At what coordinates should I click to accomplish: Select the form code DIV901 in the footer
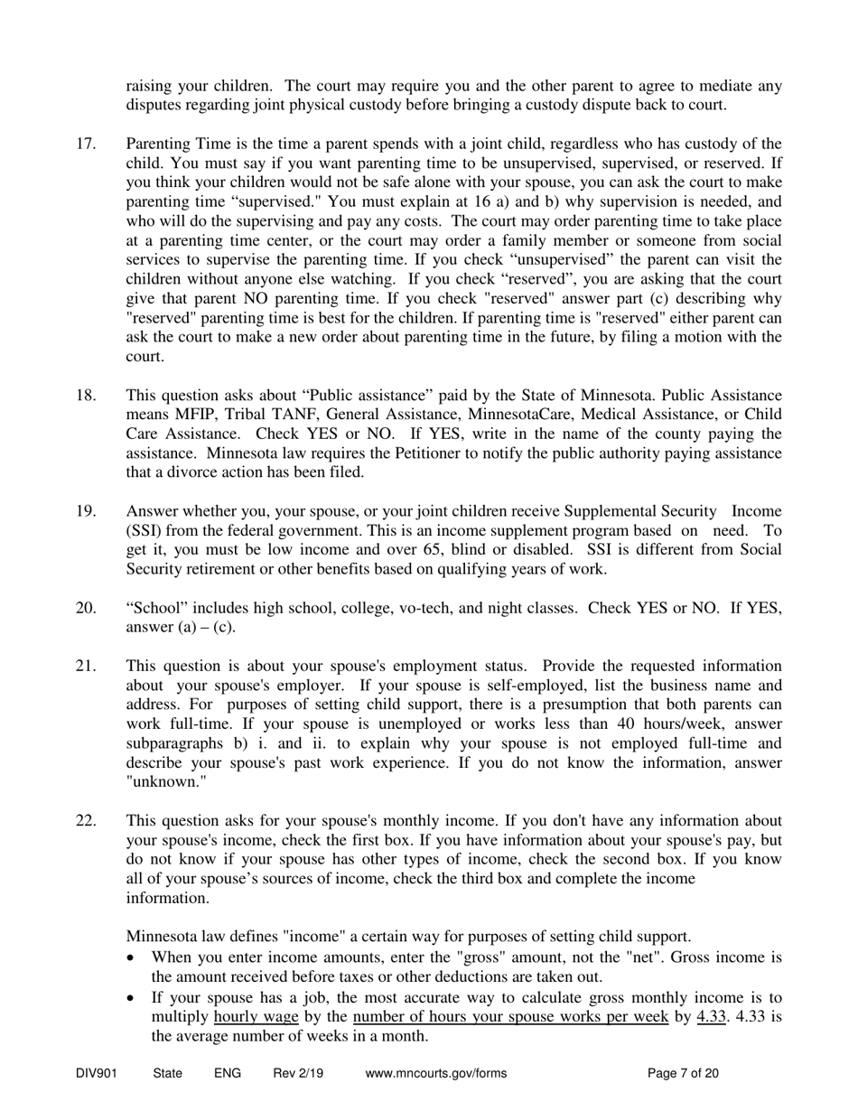(x=98, y=1073)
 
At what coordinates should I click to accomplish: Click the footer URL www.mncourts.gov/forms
(x=435, y=1073)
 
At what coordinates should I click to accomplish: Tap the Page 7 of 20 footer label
(x=684, y=1073)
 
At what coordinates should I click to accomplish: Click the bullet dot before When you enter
(x=135, y=957)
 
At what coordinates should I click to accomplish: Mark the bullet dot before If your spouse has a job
(x=135, y=997)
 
